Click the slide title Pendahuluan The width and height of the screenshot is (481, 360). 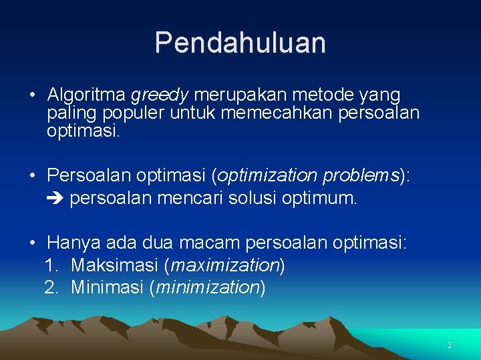[x=240, y=43]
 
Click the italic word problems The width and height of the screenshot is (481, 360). [x=361, y=176]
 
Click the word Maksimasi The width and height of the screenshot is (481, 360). [x=115, y=265]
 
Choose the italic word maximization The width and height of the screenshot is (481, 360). [x=224, y=266]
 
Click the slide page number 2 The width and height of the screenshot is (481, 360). [x=450, y=345]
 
